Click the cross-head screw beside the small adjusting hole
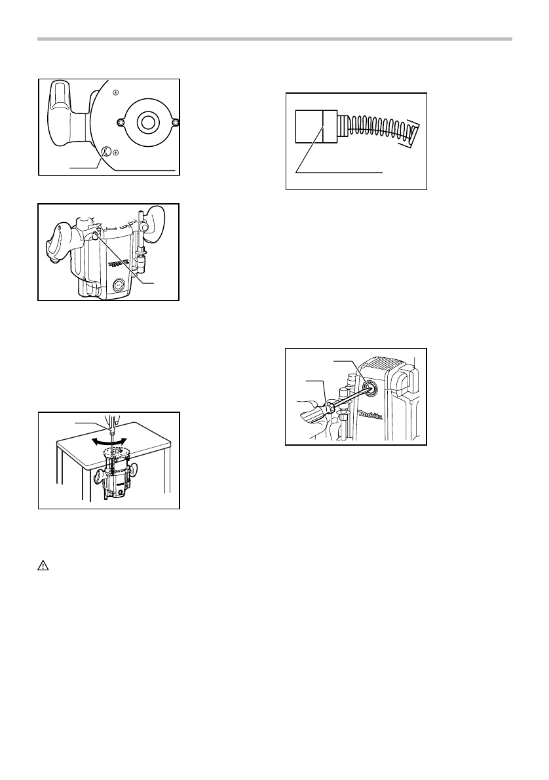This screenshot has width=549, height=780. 115,152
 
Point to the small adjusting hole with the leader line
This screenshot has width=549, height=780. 105,150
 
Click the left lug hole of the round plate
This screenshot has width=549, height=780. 120,122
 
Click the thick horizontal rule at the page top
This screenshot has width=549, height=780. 274,40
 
